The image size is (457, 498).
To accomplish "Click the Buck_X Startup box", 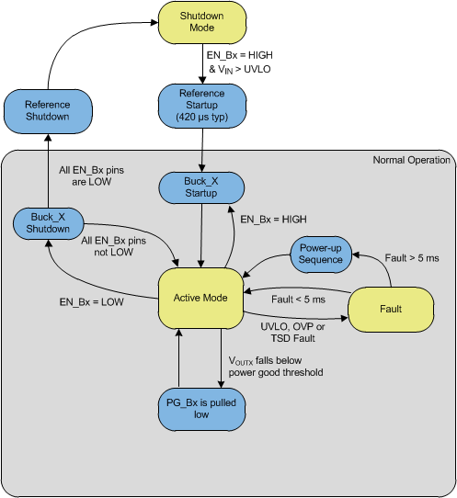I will tap(201, 189).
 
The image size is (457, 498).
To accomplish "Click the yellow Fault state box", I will tap(391, 312).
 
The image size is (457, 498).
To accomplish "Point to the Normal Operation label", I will tap(411, 161).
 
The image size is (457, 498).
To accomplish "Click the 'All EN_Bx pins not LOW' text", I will tap(113, 245).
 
